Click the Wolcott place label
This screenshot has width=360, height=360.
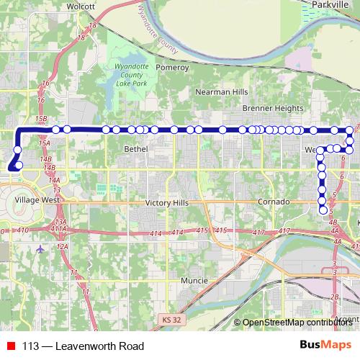80,6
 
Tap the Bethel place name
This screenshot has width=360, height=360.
135,148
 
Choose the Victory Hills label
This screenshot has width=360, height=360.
167,203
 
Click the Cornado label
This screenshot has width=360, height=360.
273,202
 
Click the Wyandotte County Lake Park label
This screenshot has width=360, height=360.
132,76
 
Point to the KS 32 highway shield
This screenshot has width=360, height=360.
168,318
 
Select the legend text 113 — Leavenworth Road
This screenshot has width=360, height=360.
84,346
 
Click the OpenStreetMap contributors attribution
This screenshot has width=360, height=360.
298,322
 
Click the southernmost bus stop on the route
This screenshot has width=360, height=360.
323,210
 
